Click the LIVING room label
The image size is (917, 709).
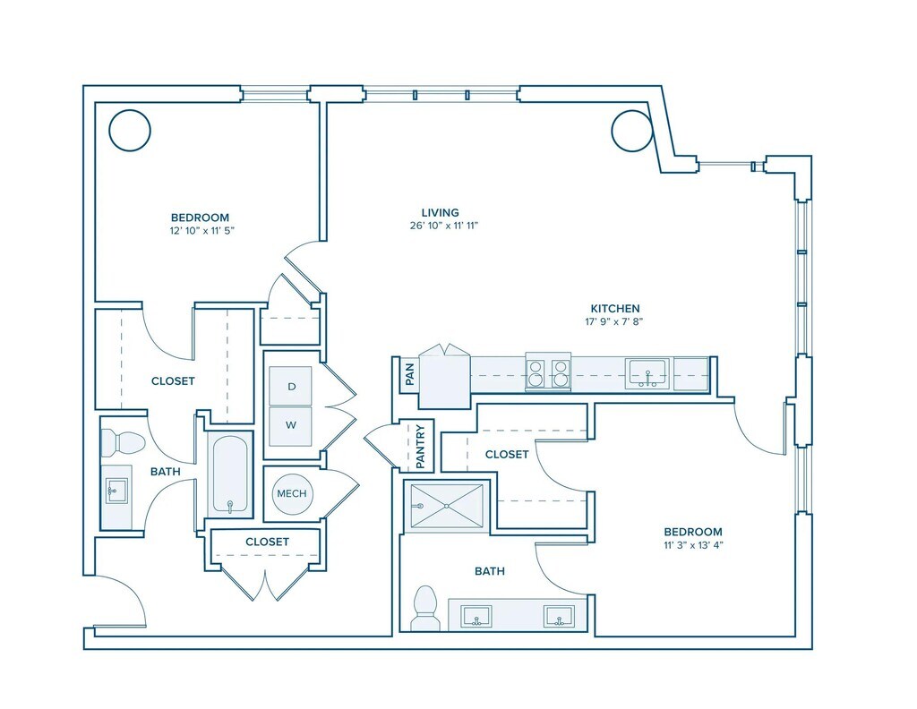click(441, 213)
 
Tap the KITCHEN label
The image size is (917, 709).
click(614, 309)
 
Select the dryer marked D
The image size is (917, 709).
click(291, 386)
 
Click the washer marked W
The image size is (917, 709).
click(291, 425)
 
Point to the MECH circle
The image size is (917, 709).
click(292, 493)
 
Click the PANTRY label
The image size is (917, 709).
click(420, 447)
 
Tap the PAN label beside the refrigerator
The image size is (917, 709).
click(409, 374)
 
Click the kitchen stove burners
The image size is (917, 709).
click(548, 372)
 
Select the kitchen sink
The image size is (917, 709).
click(647, 374)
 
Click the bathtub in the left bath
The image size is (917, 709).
click(230, 474)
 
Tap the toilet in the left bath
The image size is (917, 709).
click(122, 443)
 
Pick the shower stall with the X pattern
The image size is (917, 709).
click(447, 506)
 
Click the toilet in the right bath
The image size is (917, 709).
click(425, 609)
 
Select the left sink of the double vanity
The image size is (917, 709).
click(476, 616)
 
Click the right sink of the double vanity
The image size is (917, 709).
click(560, 616)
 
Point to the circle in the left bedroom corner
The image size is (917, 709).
click(130, 131)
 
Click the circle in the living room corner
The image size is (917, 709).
click(632, 131)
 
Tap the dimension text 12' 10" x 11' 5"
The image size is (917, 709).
click(201, 231)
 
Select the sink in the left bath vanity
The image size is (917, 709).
click(116, 491)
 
